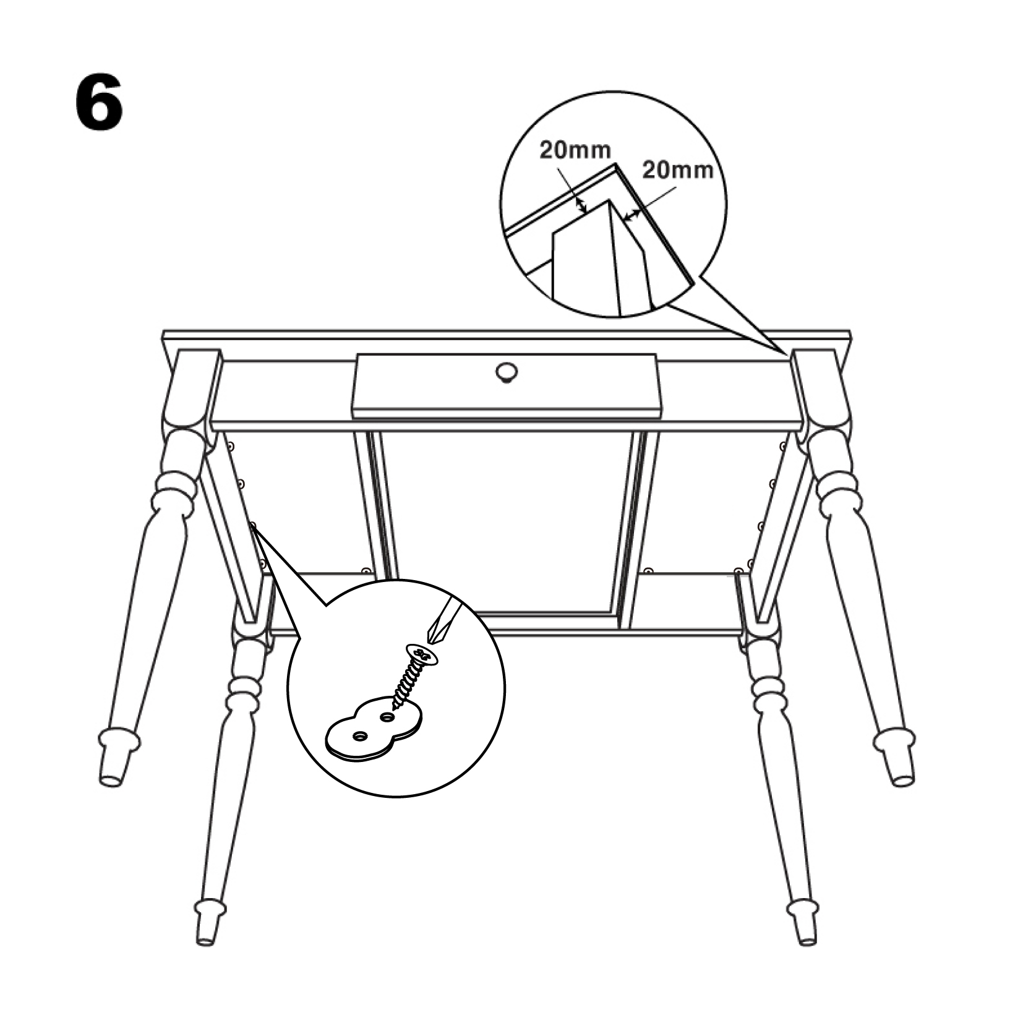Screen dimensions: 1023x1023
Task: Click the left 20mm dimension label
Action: tap(575, 150)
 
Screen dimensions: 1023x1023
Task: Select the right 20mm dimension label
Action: tap(678, 169)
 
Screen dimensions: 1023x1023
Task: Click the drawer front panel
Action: tap(506, 382)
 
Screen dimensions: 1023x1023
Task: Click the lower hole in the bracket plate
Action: tap(359, 736)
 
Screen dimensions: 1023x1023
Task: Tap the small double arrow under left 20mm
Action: tap(580, 205)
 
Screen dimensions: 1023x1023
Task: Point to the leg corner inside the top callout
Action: tap(610, 200)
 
